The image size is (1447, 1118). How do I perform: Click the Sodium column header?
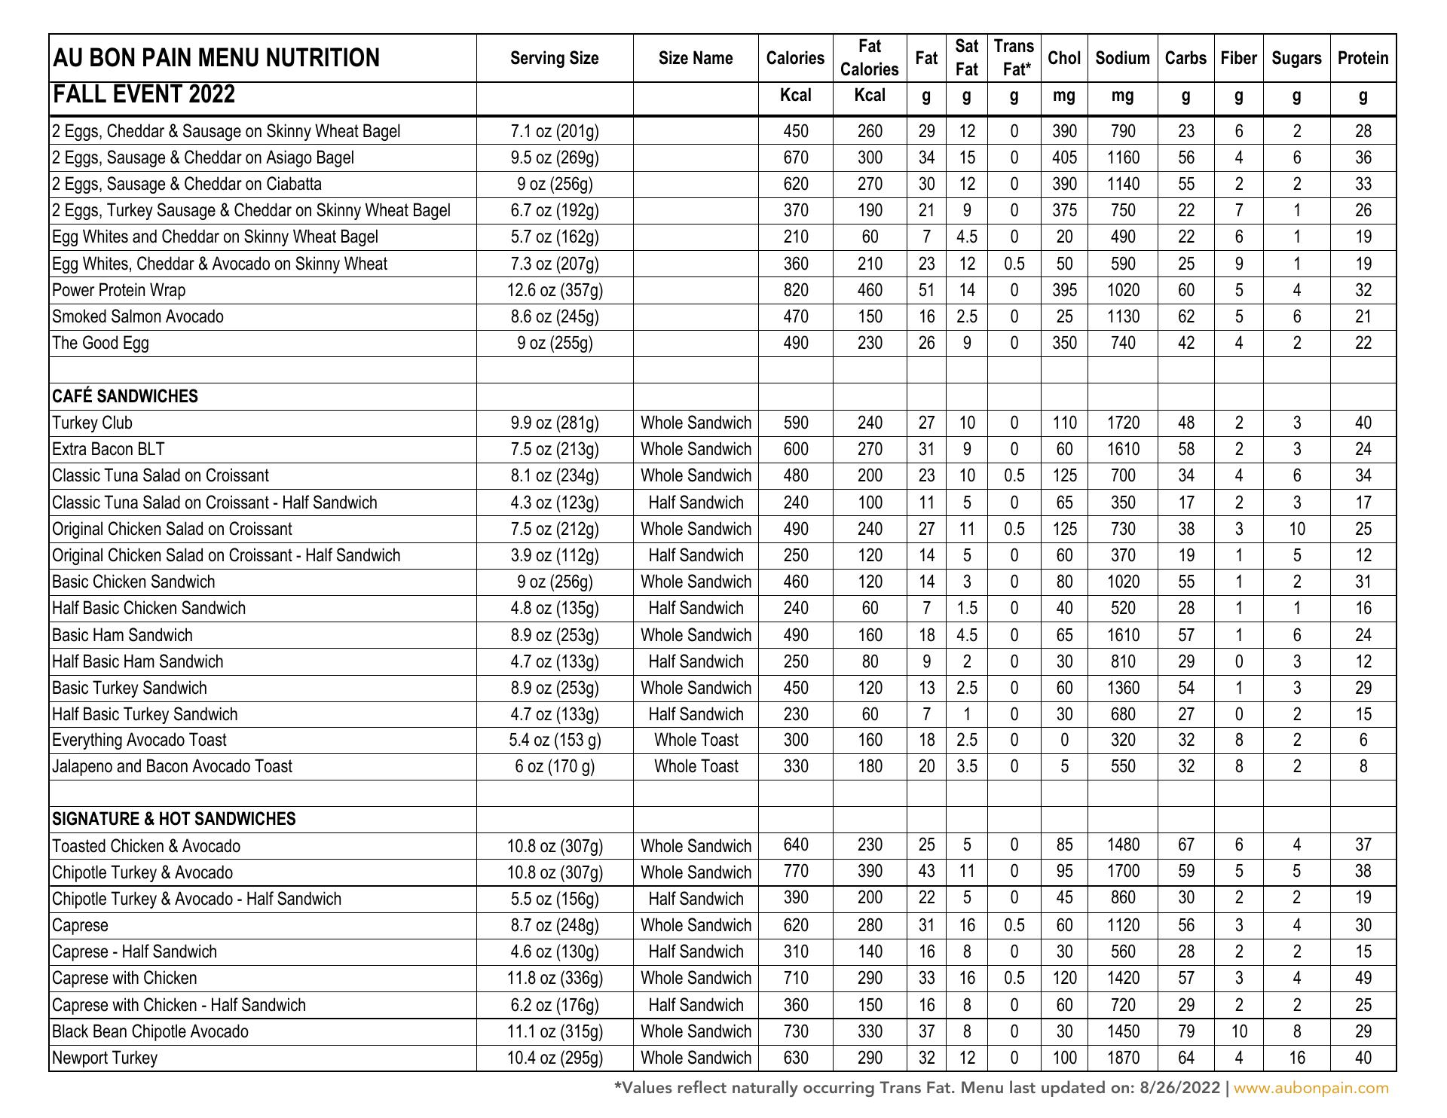pos(1122,58)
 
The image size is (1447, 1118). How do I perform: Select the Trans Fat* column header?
pos(1014,58)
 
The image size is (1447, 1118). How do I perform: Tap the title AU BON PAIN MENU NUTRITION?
pos(216,58)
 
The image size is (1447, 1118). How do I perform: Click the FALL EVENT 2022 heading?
pos(143,95)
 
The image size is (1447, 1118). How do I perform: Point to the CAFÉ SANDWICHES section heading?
pos(125,396)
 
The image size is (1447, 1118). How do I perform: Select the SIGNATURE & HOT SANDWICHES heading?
pos(174,819)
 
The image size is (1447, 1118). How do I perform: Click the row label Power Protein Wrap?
pos(118,290)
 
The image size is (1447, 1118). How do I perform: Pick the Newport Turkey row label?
pos(105,1058)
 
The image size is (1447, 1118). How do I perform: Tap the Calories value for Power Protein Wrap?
pos(795,290)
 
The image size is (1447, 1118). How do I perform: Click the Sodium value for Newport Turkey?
pos(1122,1058)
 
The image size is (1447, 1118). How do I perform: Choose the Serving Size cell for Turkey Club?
pos(555,423)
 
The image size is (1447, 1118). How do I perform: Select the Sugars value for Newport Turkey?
pos(1296,1058)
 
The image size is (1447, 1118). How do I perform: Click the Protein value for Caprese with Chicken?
pos(1363,978)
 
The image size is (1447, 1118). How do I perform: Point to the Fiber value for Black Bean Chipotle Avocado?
pos(1238,1031)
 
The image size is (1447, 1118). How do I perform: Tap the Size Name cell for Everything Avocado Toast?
pos(696,740)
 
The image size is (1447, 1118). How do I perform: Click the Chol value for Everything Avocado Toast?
pos(1063,740)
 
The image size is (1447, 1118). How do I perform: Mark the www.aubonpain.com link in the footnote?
pos(1311,1088)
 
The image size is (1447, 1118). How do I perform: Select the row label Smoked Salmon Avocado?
pos(138,316)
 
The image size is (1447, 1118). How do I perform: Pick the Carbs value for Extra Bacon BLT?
pos(1185,449)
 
